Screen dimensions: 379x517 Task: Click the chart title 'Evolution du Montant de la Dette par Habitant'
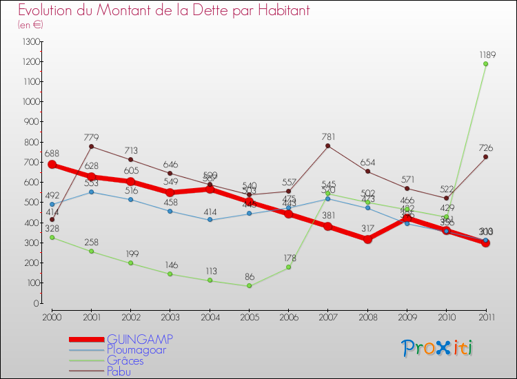[x=164, y=11]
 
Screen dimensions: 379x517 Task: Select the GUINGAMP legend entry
[x=140, y=339]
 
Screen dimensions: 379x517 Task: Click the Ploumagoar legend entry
[x=136, y=350]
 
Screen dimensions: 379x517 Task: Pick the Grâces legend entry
[x=125, y=361]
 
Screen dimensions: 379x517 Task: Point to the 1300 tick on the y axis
[x=31, y=42]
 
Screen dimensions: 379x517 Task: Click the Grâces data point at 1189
[x=485, y=64]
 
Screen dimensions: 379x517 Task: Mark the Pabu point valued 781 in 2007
[x=327, y=146]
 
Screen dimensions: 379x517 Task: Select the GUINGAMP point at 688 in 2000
[x=52, y=165]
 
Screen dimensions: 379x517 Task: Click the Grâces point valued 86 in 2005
[x=249, y=286]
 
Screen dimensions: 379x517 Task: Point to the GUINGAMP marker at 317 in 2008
[x=367, y=239]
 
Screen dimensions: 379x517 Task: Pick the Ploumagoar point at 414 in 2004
[x=210, y=220]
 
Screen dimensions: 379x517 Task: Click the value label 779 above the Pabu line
[x=92, y=137]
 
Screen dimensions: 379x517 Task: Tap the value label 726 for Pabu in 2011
[x=485, y=148]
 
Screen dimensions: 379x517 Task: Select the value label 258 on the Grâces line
[x=92, y=242]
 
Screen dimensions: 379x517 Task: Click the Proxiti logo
[x=437, y=348]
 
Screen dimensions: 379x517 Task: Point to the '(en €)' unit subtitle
[x=30, y=25]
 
